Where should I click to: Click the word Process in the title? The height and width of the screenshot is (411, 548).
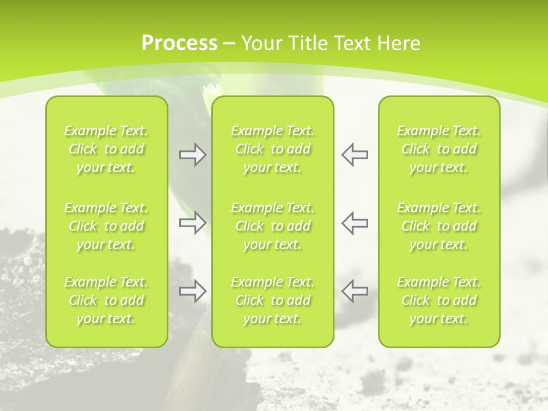(x=179, y=43)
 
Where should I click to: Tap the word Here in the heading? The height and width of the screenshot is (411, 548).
(x=399, y=43)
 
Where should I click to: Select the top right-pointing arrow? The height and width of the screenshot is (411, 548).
(x=192, y=155)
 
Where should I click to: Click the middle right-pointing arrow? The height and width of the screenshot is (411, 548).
(x=192, y=223)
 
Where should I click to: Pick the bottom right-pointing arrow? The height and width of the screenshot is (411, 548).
(x=192, y=291)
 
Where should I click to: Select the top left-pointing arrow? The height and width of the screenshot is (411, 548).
(x=354, y=155)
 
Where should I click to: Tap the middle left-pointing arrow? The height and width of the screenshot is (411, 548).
(x=354, y=223)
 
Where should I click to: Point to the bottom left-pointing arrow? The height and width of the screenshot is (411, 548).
(x=354, y=291)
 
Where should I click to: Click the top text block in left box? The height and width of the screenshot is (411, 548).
(x=106, y=149)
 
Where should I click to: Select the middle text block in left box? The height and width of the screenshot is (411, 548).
(x=106, y=226)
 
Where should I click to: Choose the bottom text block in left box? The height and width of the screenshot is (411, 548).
(x=106, y=300)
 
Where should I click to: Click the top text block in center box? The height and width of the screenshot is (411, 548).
(x=273, y=149)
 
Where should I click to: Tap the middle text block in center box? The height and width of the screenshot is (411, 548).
(x=273, y=226)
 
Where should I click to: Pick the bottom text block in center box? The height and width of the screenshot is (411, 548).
(x=273, y=300)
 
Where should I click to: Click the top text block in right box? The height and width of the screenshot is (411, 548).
(x=439, y=149)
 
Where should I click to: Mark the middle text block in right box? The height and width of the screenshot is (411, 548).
(x=439, y=226)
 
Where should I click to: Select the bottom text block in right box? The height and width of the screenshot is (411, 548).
(x=439, y=300)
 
